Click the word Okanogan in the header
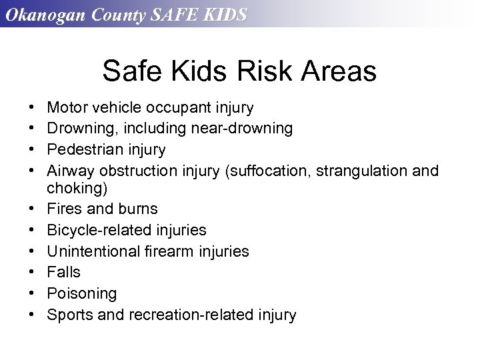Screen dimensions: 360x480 coord(43,15)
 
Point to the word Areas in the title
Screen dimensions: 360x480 coord(339,71)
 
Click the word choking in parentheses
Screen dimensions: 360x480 coord(76,187)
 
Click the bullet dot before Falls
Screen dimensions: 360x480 coord(33,272)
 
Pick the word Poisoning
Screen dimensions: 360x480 coord(81,293)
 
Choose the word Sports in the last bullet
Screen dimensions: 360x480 coord(70,315)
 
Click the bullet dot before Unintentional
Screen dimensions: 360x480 coord(33,251)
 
